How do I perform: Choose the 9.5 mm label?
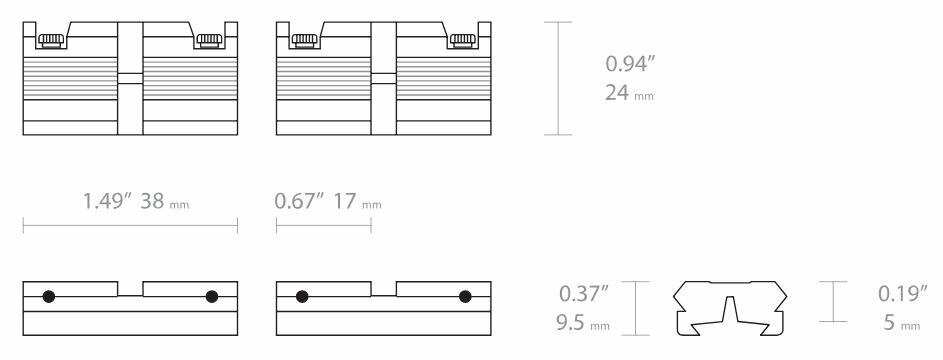tap(582, 324)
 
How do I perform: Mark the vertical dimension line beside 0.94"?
tap(558, 78)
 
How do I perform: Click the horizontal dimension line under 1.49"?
tap(130, 228)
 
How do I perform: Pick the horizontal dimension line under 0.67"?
tap(323, 228)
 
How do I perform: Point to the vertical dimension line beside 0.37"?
tap(637, 308)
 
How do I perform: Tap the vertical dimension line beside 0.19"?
tap(835, 301)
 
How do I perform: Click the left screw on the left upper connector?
tap(50, 40)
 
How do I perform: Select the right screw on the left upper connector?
tap(209, 40)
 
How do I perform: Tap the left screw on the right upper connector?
tap(303, 40)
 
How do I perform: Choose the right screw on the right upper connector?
tap(462, 40)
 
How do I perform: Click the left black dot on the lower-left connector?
tap(48, 296)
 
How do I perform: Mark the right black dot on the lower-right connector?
tap(464, 296)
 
